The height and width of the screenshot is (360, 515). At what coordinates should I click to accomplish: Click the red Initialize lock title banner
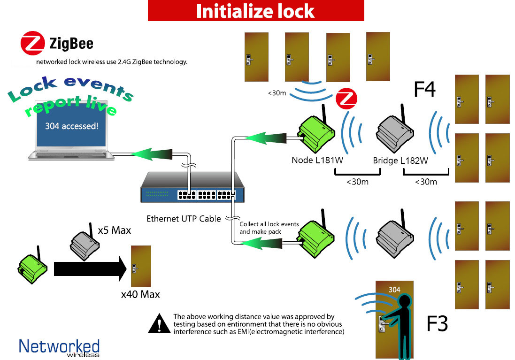[x=256, y=10]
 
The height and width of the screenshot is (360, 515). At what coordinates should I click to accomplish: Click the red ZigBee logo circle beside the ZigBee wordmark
[x=32, y=43]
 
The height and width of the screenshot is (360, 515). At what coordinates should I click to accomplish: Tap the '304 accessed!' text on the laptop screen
[x=72, y=126]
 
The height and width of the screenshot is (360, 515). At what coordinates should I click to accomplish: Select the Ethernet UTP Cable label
[x=184, y=219]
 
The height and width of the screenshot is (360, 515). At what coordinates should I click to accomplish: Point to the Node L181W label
[x=317, y=160]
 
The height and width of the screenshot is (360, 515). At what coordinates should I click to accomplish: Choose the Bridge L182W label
[x=400, y=161]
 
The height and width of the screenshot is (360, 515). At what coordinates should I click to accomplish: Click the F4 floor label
[x=425, y=89]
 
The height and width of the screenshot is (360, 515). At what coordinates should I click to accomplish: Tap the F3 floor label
[x=437, y=323]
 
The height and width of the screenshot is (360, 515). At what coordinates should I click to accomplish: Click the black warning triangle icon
[x=159, y=323]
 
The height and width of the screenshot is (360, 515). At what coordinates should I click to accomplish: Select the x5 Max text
[x=114, y=230]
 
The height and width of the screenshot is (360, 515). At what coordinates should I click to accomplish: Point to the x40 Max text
[x=140, y=294]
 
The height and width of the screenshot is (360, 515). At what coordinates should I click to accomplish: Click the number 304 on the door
[x=394, y=290]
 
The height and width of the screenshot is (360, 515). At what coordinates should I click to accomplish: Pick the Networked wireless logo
[x=59, y=347]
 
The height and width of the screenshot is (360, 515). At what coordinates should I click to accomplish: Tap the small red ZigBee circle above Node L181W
[x=346, y=99]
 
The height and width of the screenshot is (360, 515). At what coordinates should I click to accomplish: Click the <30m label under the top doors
[x=277, y=93]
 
